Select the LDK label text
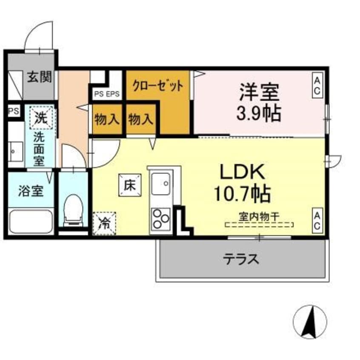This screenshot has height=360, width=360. coord(243,172)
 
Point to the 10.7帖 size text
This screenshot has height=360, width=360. coord(243,194)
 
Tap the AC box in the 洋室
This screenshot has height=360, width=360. coord(317,85)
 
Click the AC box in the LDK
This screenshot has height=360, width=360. coord(317,220)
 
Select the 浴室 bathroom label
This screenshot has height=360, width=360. coord(30,191)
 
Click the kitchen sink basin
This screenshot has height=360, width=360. coord(160,184)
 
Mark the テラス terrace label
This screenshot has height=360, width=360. coord(241,259)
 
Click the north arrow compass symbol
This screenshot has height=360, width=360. coord(310,321)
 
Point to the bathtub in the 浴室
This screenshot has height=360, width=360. coord(30,221)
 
